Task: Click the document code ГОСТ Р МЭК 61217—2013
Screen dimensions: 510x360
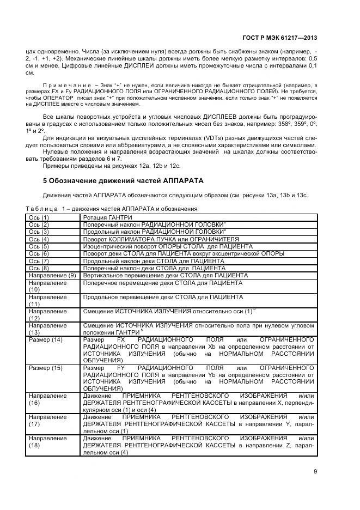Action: [x=279, y=39]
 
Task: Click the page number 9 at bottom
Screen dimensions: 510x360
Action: [x=315, y=472]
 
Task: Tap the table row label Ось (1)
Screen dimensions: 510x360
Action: [x=39, y=217]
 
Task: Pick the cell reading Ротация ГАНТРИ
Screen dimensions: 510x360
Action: [x=108, y=217]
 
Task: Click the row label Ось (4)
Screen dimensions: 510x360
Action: [x=39, y=239]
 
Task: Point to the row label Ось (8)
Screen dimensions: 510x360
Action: [x=39, y=268]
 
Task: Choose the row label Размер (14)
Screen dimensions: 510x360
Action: [x=45, y=339]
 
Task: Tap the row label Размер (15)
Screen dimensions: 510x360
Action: [x=45, y=368]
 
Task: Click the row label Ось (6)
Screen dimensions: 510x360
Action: [x=39, y=253]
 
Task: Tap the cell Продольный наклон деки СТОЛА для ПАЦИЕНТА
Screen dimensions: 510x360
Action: [x=154, y=261]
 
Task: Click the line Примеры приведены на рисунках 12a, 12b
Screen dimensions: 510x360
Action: [x=111, y=165]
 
